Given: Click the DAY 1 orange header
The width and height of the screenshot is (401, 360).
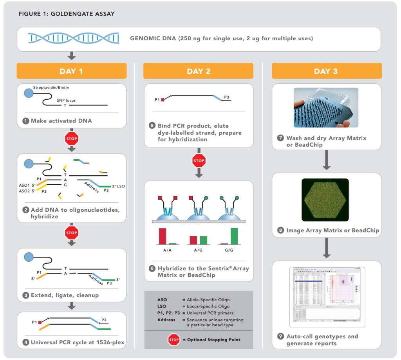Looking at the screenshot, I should coord(71,71).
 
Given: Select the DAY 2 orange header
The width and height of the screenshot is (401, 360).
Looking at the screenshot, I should coord(198,71).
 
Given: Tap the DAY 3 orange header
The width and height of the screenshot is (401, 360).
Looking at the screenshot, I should coord(327,71).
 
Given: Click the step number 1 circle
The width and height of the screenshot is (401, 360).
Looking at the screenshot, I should coord(26,121).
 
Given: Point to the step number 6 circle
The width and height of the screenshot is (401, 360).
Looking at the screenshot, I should coord(152,268).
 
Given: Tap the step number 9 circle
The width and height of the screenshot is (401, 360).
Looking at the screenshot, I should coord(280,337).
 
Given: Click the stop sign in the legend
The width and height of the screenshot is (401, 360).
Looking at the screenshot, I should coord(174,339).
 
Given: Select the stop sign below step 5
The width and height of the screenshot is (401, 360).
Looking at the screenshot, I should coord(199,160).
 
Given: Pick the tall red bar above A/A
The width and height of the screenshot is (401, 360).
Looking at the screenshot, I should coord(163,236).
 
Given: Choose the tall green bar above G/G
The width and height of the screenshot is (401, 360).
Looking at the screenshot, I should coord(234,236).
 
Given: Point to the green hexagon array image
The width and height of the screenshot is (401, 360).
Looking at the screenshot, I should coord(325,200).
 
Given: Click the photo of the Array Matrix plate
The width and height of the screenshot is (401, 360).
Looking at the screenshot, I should coord(326,108).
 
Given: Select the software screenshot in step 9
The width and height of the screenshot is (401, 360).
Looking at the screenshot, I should coord(327,297).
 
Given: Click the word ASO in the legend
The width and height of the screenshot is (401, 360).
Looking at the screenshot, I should coord(162,300).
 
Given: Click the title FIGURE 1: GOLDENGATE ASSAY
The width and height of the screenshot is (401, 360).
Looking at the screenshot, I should coord(67,14).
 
